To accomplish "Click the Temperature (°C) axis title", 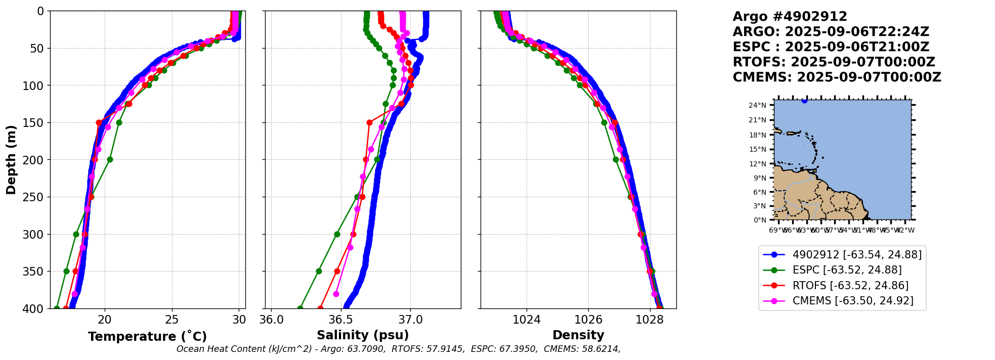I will point(147,336).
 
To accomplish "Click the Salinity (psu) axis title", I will point(363,335).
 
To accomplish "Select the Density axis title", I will point(578,335).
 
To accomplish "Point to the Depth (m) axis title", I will point(11,159).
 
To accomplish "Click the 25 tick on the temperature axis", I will point(172,320).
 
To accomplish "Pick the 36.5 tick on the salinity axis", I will point(340,320).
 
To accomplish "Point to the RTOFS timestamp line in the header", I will point(834,62).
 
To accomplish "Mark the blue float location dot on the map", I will point(804,101).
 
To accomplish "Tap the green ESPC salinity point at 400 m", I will point(300,308).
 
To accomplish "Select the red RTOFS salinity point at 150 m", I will point(369,122).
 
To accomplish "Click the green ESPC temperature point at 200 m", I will point(110,159).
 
